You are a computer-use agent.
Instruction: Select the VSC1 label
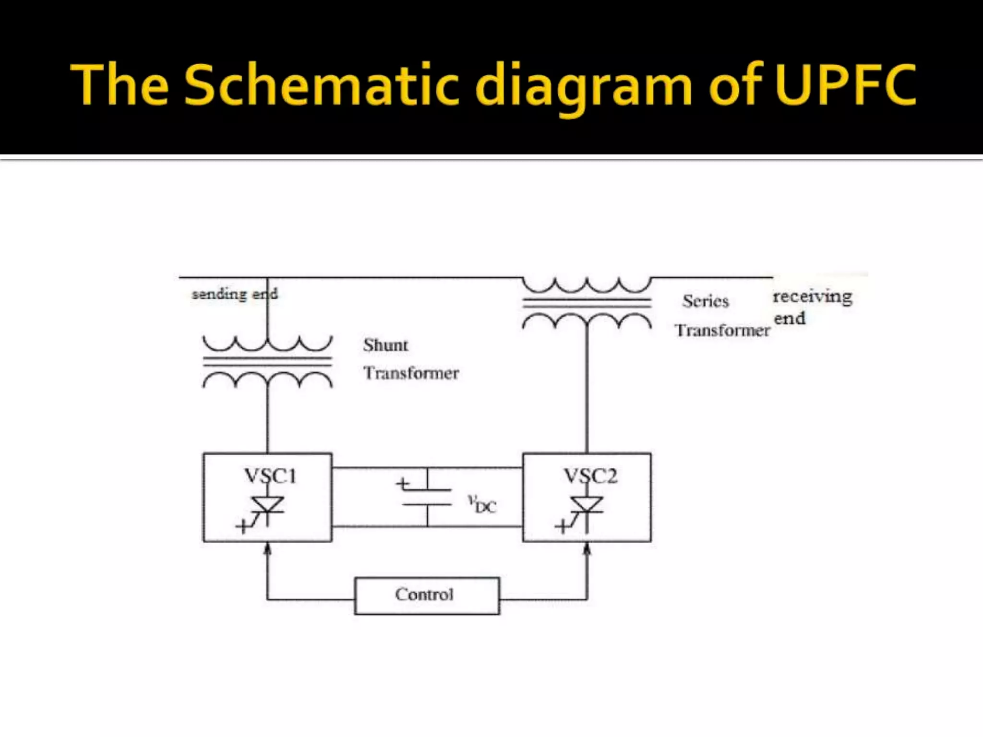(x=270, y=476)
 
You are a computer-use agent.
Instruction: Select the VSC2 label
(x=590, y=476)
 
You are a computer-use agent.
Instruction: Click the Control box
(x=427, y=595)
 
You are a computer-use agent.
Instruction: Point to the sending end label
(x=235, y=294)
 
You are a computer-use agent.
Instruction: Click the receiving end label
(x=812, y=307)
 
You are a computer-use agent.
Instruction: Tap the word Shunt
(x=385, y=345)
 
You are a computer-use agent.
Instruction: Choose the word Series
(x=706, y=301)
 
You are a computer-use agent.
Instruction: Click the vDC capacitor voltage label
(x=482, y=504)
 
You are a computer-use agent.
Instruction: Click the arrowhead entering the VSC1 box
(x=268, y=548)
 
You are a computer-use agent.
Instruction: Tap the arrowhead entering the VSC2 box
(x=587, y=548)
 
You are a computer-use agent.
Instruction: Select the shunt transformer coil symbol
(x=267, y=362)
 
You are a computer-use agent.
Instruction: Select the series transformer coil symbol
(x=587, y=303)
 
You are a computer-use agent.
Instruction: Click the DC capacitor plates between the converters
(x=427, y=497)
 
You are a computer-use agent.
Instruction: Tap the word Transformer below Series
(x=722, y=330)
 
